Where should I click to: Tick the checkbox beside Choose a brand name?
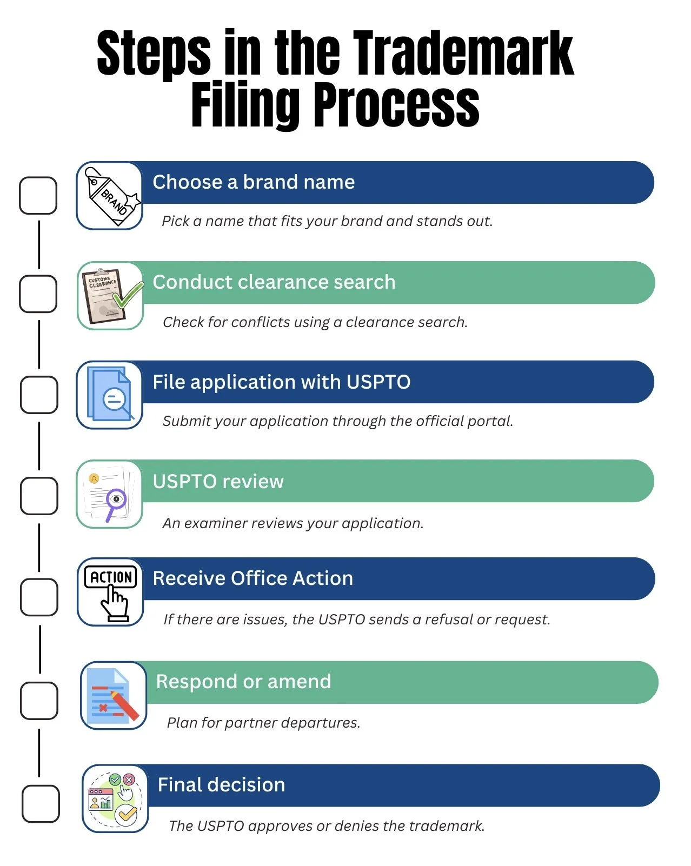pyautogui.click(x=38, y=195)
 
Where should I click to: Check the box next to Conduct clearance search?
pyautogui.click(x=38, y=294)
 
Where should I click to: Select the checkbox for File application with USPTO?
pyautogui.click(x=39, y=395)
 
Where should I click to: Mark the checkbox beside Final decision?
pyautogui.click(x=41, y=804)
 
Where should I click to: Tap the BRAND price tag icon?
pyautogui.click(x=111, y=196)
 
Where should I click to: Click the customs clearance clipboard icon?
pyautogui.click(x=111, y=296)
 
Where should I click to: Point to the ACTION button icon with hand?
pyautogui.click(x=111, y=592)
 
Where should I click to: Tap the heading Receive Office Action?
pyautogui.click(x=253, y=578)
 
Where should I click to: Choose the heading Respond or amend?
pyautogui.click(x=243, y=682)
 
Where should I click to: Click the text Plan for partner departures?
pyautogui.click(x=263, y=723)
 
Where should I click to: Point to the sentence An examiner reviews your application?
pyautogui.click(x=293, y=523)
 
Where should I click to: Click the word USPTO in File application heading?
pyautogui.click(x=378, y=382)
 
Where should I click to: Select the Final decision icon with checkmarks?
pyautogui.click(x=115, y=799)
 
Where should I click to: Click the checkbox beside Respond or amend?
pyautogui.click(x=39, y=701)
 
